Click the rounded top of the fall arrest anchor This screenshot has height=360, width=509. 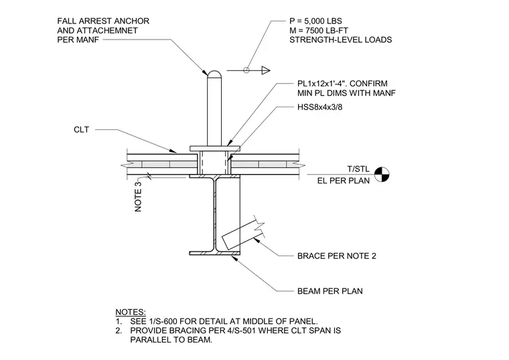click(214, 74)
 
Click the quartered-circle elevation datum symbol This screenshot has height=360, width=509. click(382, 175)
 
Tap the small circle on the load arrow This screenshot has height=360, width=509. click(246, 70)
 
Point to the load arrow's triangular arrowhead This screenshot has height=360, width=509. click(266, 70)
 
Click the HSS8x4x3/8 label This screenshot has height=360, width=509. click(319, 107)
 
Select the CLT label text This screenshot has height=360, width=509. click(81, 130)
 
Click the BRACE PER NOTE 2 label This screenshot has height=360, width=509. click(337, 256)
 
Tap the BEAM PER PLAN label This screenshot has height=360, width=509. click(330, 291)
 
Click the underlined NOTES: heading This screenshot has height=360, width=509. click(131, 312)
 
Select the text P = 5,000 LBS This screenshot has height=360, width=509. click(315, 21)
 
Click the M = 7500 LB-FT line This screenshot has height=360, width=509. click(319, 31)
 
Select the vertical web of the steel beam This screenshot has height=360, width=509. click(214, 214)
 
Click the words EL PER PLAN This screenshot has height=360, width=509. click(344, 181)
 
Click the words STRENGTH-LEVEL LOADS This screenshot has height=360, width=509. click(340, 40)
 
